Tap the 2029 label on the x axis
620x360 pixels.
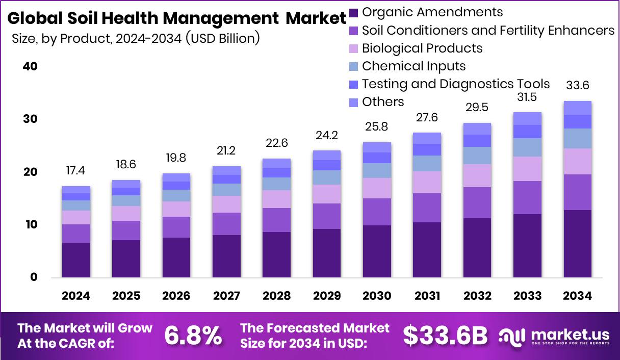click(327, 296)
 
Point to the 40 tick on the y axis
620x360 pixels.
click(31, 67)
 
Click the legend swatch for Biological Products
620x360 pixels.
click(354, 48)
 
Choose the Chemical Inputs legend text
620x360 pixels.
click(414, 66)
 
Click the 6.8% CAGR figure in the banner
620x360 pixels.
click(193, 336)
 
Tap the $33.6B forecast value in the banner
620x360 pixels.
click(445, 336)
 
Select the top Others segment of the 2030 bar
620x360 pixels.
click(377, 147)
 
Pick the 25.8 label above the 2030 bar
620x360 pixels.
click(377, 125)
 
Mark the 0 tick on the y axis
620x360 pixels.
click(34, 277)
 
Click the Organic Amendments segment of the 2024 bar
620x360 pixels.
click(76, 260)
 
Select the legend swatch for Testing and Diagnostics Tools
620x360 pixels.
click(354, 84)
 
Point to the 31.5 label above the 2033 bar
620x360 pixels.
click(527, 97)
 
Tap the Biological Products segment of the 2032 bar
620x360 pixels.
click(477, 175)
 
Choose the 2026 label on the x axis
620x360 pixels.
click(176, 296)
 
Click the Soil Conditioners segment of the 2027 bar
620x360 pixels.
click(226, 224)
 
